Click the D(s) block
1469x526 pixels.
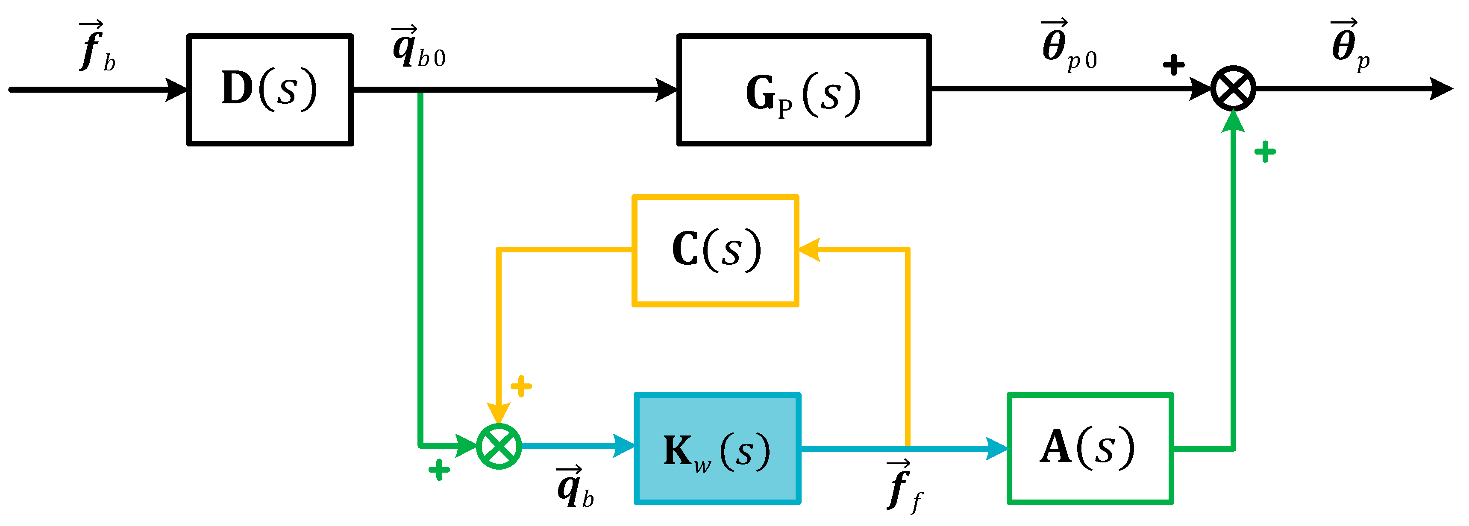(270, 90)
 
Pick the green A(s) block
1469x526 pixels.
(1090, 448)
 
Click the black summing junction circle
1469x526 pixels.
(1233, 89)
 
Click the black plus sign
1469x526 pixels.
(1173, 64)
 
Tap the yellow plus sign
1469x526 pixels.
(521, 386)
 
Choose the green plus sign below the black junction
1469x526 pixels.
(1265, 152)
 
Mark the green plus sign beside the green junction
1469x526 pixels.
(438, 470)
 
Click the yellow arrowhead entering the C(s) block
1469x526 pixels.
(809, 250)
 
